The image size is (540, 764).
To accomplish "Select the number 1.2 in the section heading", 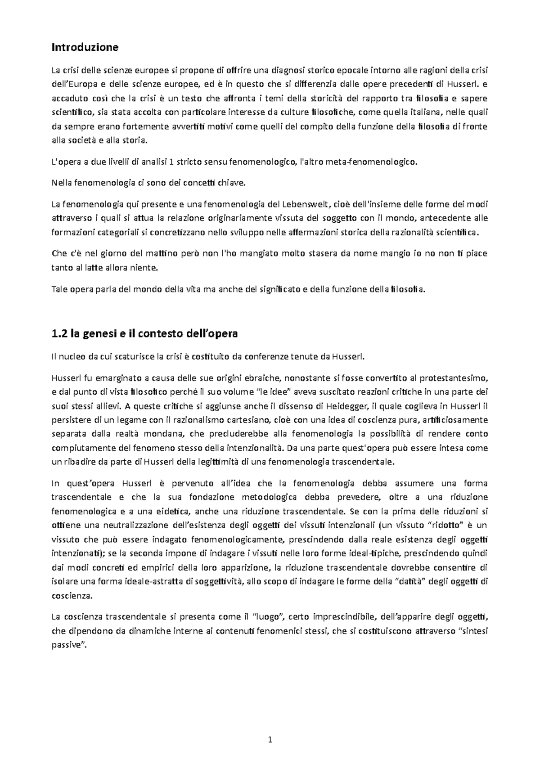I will coord(60,334).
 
